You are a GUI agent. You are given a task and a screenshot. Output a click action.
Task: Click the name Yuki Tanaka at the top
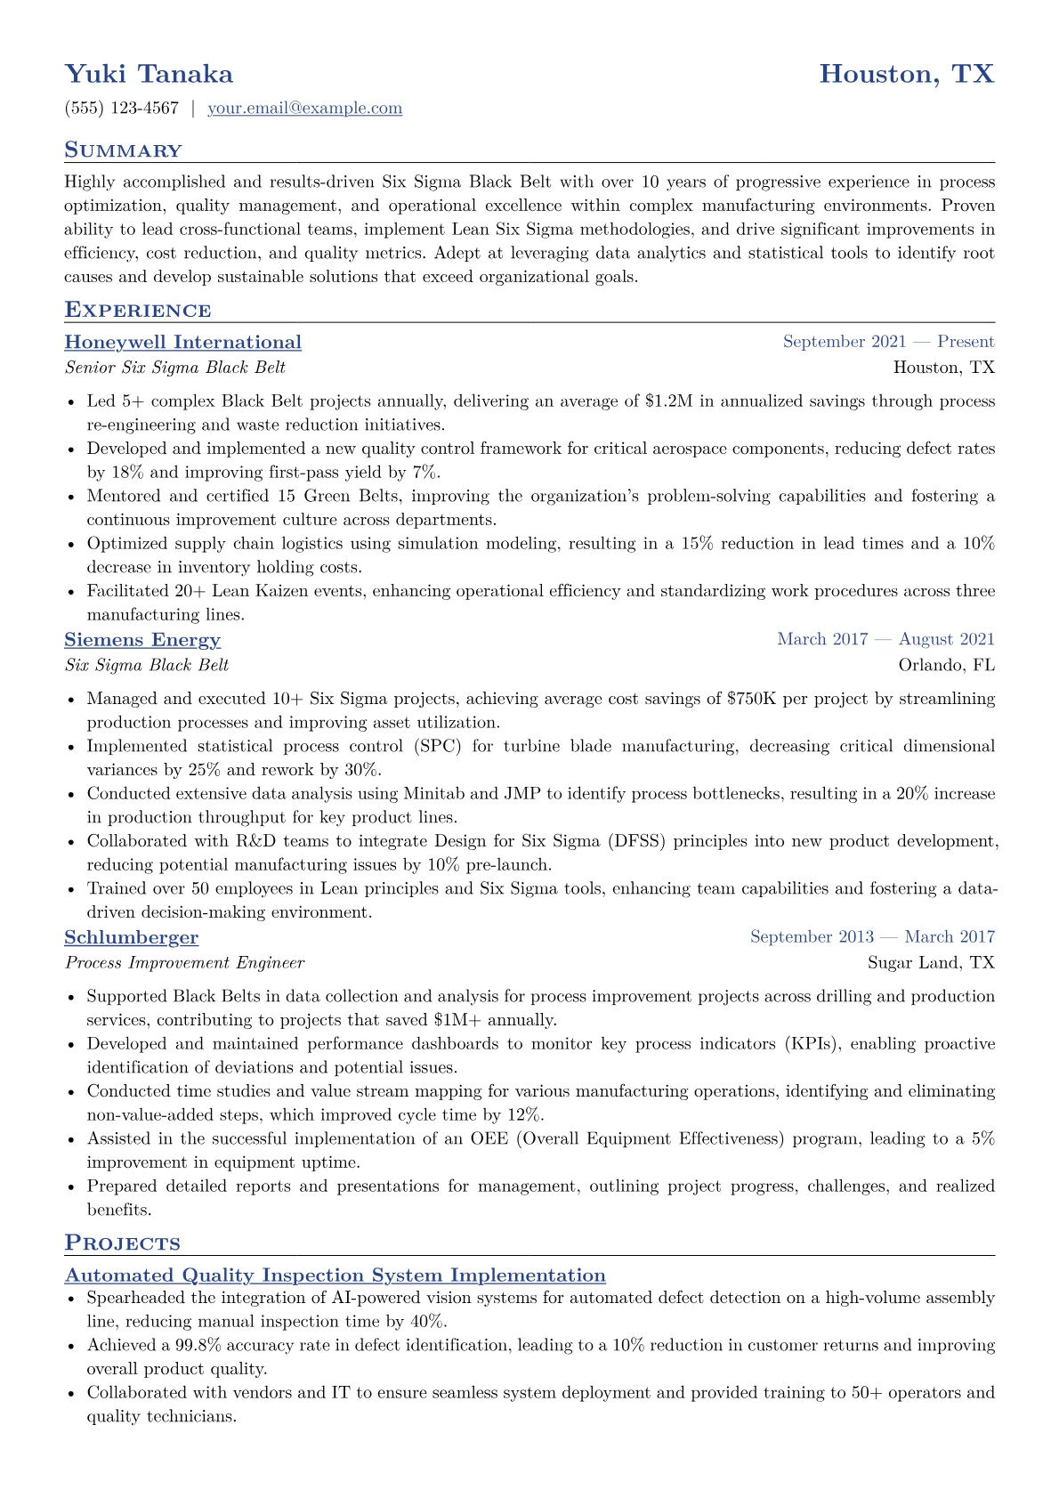click(x=149, y=74)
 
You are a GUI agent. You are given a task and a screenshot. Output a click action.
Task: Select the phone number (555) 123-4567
click(x=122, y=109)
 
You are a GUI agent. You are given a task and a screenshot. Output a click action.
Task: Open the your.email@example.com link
click(x=304, y=109)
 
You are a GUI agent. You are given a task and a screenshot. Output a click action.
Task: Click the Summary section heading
click(x=123, y=150)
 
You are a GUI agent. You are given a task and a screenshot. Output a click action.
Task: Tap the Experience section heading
click(x=138, y=311)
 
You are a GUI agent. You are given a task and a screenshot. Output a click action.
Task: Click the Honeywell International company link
click(x=182, y=343)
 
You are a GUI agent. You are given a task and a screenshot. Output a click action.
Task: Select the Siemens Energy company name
click(x=142, y=640)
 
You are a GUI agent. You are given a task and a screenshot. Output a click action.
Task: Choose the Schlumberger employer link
click(x=132, y=937)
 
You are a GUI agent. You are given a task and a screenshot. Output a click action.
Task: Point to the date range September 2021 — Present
click(x=888, y=342)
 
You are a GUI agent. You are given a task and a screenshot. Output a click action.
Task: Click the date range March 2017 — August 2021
click(x=885, y=639)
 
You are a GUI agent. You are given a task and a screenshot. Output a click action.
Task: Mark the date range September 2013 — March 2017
click(x=872, y=936)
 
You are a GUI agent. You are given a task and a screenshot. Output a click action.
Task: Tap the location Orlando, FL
click(x=946, y=665)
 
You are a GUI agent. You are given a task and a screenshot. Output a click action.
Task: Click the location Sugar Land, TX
click(x=931, y=962)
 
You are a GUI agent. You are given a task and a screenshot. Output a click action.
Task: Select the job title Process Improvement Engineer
click(x=184, y=962)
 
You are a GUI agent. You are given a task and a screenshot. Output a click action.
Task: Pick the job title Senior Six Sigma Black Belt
click(x=175, y=368)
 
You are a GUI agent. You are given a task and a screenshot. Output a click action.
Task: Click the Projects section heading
click(x=122, y=1243)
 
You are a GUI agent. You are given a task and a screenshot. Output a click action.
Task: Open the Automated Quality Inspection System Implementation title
click(x=335, y=1275)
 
